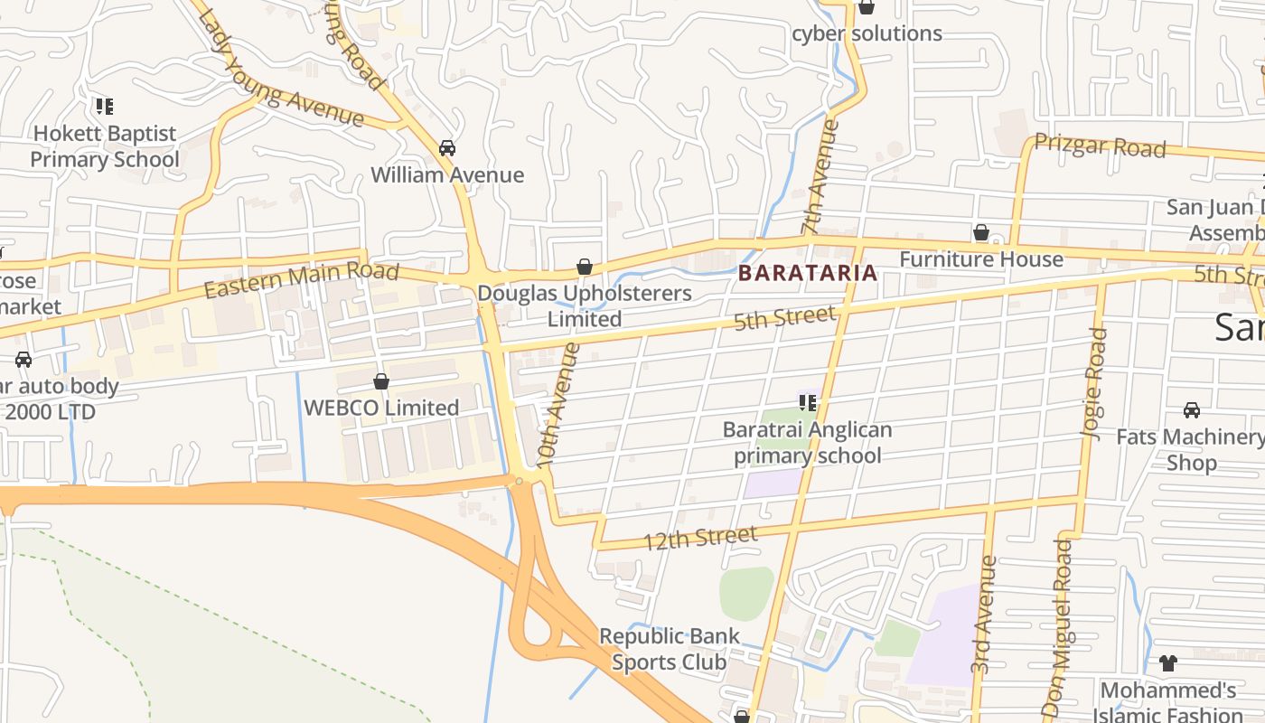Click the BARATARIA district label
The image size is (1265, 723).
[808, 273]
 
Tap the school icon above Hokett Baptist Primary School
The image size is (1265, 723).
[105, 107]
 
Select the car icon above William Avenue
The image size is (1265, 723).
[446, 147]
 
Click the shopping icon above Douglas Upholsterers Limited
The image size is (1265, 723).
[585, 267]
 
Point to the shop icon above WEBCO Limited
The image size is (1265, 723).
[381, 381]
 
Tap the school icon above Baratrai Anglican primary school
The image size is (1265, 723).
[807, 403]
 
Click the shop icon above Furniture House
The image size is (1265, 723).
[980, 233]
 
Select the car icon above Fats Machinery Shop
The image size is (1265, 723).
[1191, 410]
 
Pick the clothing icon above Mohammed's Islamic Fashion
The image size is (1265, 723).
[1167, 663]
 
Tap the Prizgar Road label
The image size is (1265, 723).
[1100, 146]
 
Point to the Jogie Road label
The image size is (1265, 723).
[1094, 384]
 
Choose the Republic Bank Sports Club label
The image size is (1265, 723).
[670, 649]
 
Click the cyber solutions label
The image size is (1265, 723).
[867, 33]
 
